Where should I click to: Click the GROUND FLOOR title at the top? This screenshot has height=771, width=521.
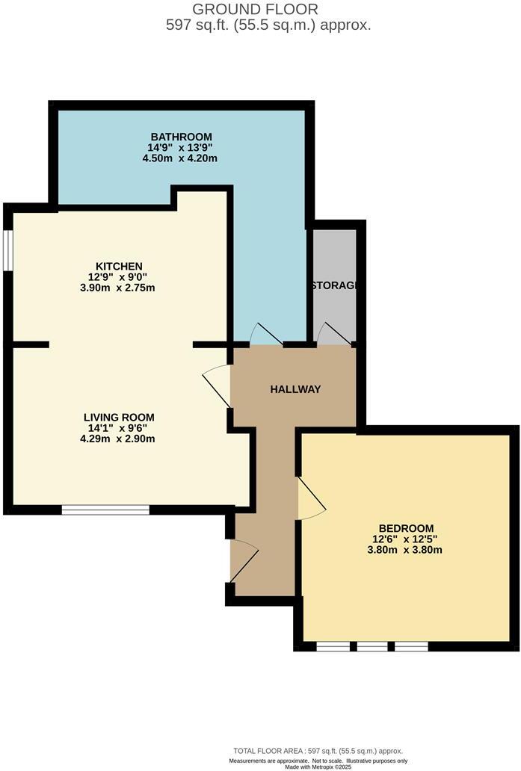pyautogui.click(x=256, y=9)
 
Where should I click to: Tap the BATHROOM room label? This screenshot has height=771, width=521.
pyautogui.click(x=181, y=137)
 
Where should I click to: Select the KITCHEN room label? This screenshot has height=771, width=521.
pyautogui.click(x=118, y=266)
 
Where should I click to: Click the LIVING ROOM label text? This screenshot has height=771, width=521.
pyautogui.click(x=120, y=417)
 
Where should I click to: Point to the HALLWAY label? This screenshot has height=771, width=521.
pyautogui.click(x=295, y=389)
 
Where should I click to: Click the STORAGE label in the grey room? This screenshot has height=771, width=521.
pyautogui.click(x=333, y=285)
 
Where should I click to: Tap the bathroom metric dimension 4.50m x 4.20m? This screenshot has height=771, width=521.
pyautogui.click(x=181, y=158)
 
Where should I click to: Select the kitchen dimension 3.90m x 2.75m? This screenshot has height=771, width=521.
pyautogui.click(x=118, y=288)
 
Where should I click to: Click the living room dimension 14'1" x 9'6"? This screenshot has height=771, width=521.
pyautogui.click(x=120, y=428)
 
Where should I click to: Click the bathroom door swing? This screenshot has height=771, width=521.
pyautogui.click(x=263, y=335)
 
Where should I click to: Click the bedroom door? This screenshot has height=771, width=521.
pyautogui.click(x=310, y=499)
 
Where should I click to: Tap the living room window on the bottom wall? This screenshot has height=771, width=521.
pyautogui.click(x=105, y=510)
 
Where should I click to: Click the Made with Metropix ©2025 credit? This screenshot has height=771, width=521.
pyautogui.click(x=318, y=767)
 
